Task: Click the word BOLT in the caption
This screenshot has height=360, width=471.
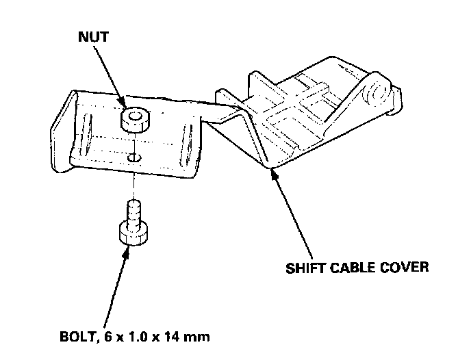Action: pos(76,337)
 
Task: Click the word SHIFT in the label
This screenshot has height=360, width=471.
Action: pos(303,267)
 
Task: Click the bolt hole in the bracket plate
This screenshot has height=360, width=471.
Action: pos(136,158)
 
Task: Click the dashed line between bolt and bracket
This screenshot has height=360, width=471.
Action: pos(135,181)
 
